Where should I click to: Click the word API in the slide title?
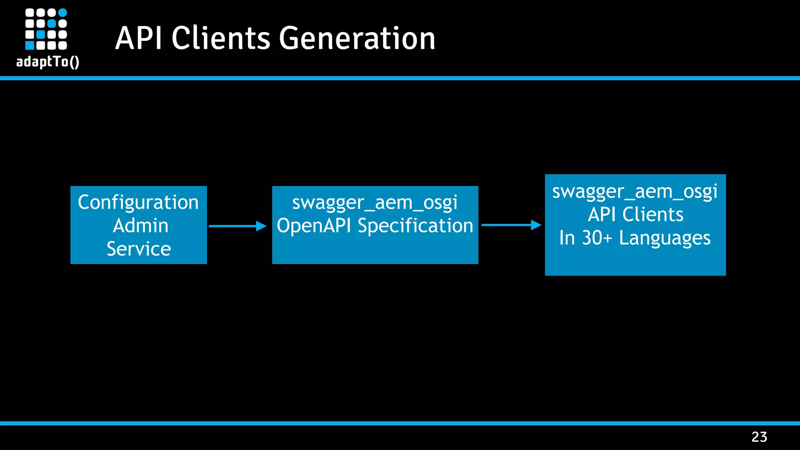pyautogui.click(x=138, y=38)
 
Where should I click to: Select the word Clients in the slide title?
pyautogui.click(x=221, y=38)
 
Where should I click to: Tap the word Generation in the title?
pyautogui.click(x=357, y=38)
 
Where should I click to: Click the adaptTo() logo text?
pyautogui.click(x=48, y=62)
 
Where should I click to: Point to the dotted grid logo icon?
pyautogui.click(x=46, y=29)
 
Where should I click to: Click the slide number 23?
pyautogui.click(x=759, y=437)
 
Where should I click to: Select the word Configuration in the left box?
pyautogui.click(x=138, y=202)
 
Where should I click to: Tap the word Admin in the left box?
pyautogui.click(x=141, y=226)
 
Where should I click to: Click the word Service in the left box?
pyautogui.click(x=139, y=249)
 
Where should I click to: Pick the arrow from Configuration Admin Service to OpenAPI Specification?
pyautogui.click(x=237, y=226)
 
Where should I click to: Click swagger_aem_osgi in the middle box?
pyautogui.click(x=375, y=202)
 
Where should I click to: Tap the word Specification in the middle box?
pyautogui.click(x=415, y=226)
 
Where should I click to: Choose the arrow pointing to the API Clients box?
pyautogui.click(x=511, y=225)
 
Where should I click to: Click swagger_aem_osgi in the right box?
pyautogui.click(x=635, y=191)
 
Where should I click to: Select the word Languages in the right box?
pyautogui.click(x=664, y=238)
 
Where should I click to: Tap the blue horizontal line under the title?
pyautogui.click(x=400, y=78)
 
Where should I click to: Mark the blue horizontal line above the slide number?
pyautogui.click(x=400, y=423)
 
